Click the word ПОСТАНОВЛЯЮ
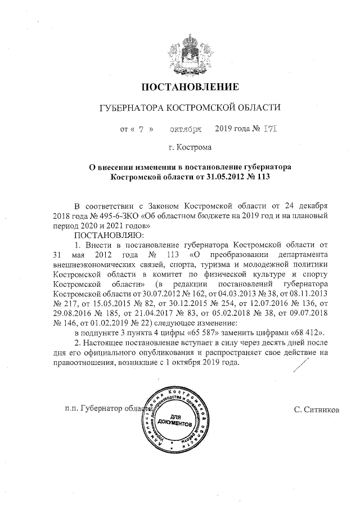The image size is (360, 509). pos(109,235)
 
